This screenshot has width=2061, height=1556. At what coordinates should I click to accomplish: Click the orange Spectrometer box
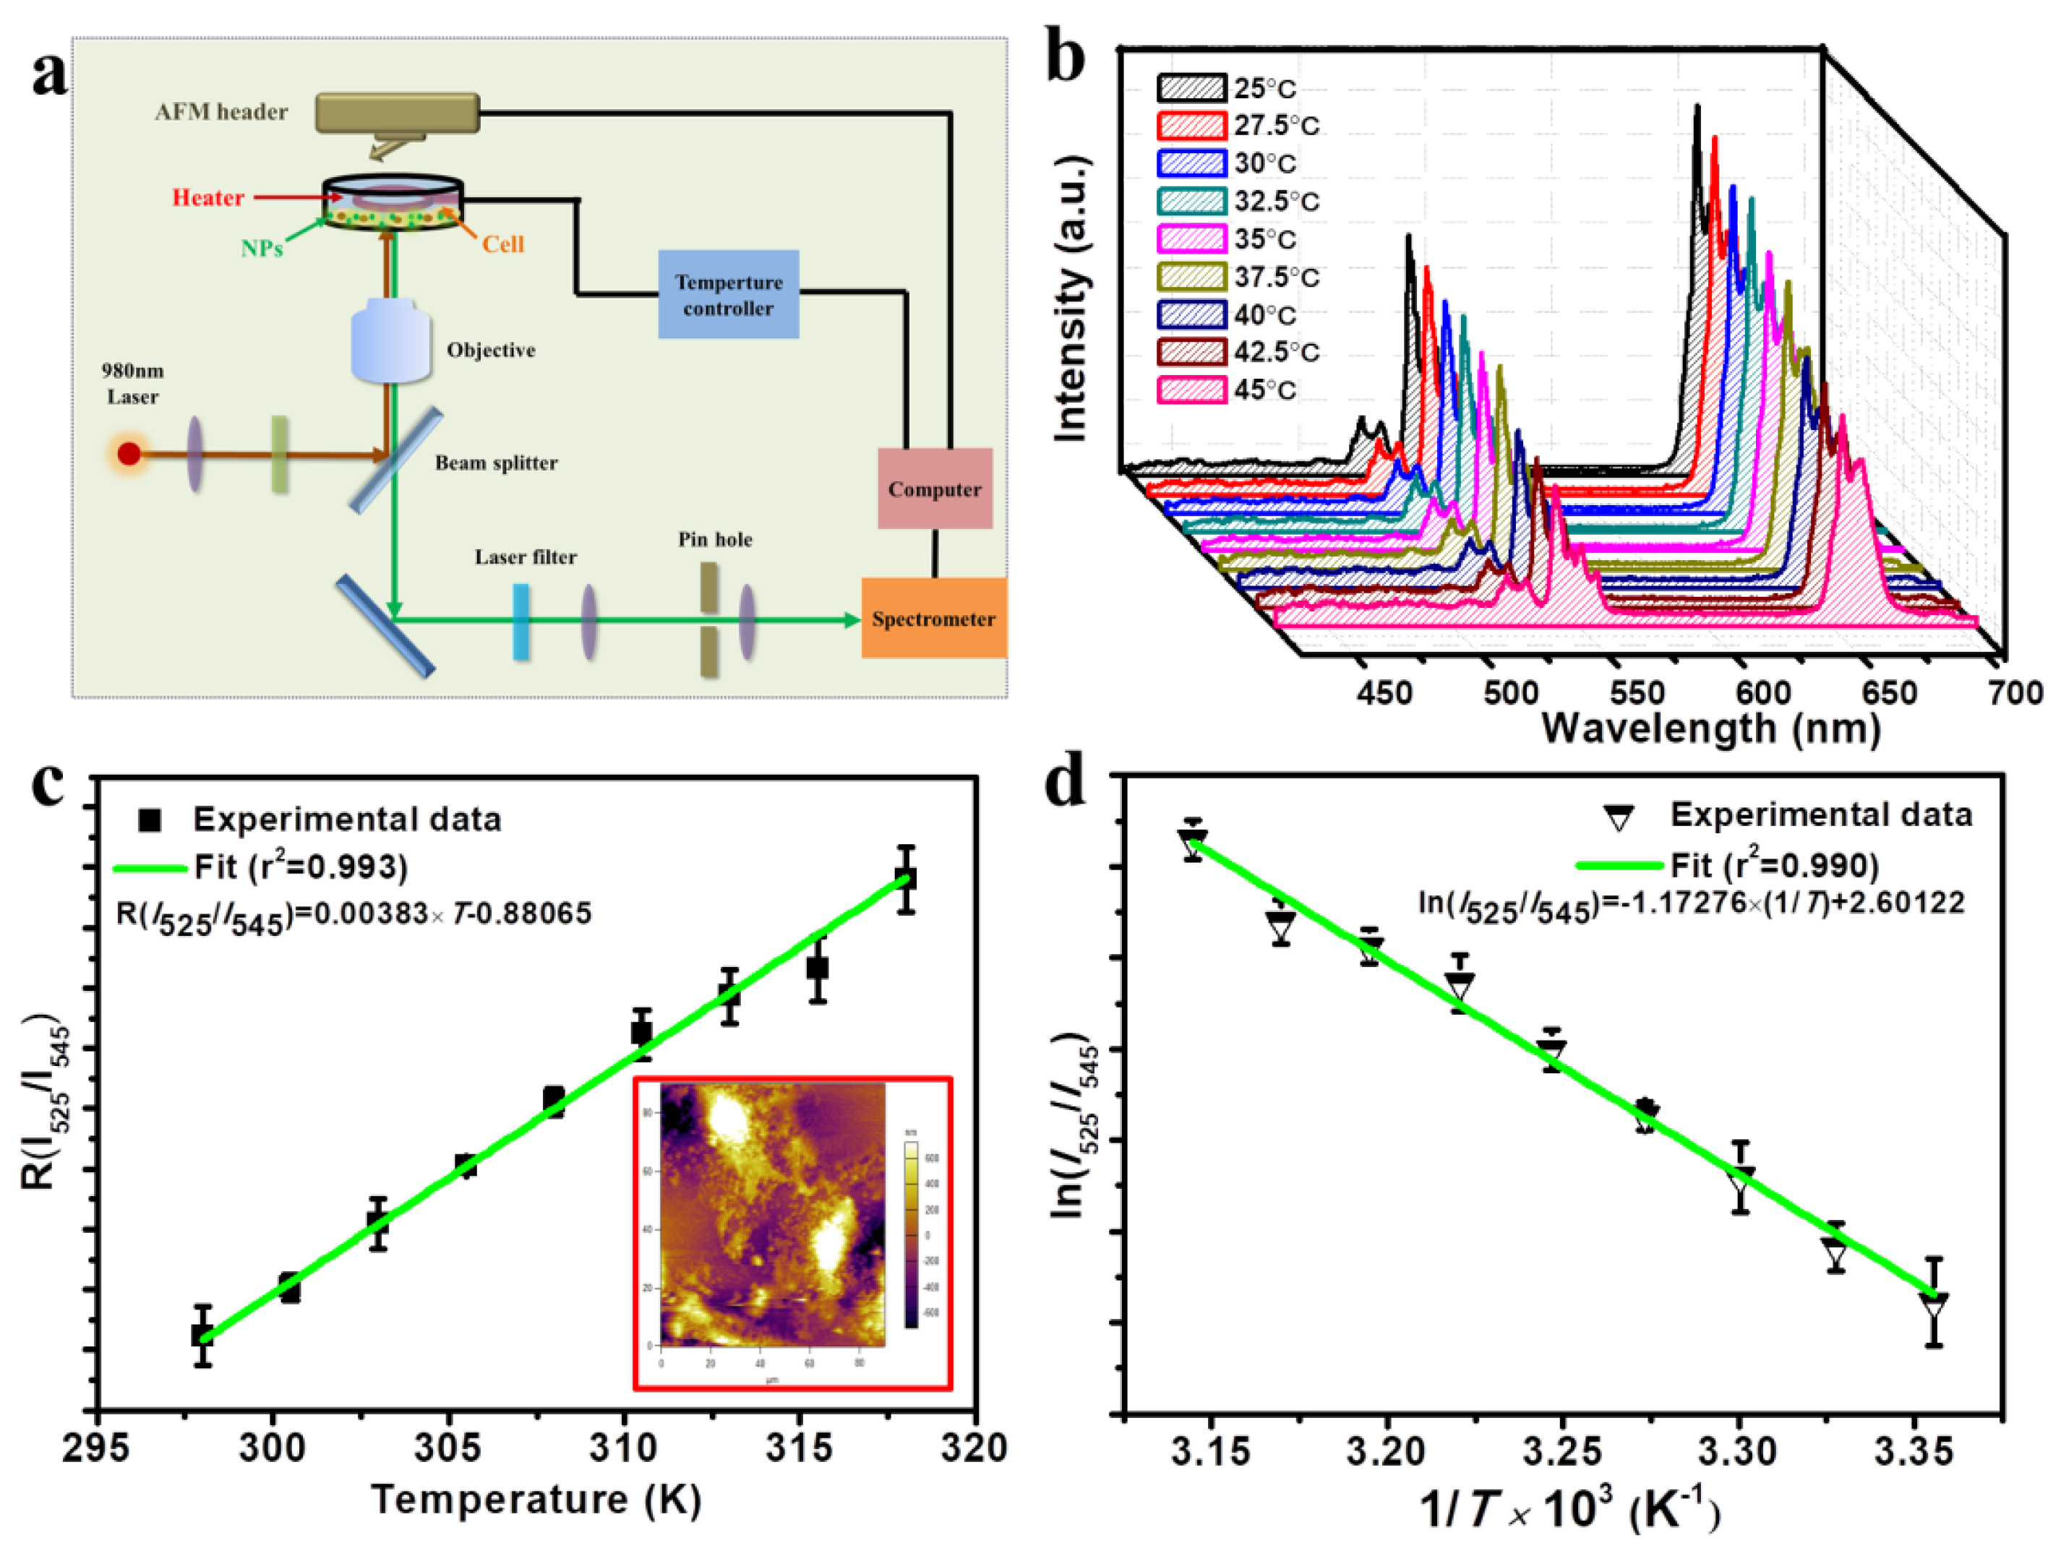tap(933, 618)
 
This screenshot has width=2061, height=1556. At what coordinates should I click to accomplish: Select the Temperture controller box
tap(729, 294)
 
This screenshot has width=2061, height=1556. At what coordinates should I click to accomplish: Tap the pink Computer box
tap(935, 489)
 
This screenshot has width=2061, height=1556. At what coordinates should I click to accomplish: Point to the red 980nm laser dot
tap(129, 454)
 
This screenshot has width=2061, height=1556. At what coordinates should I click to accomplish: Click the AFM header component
tap(398, 113)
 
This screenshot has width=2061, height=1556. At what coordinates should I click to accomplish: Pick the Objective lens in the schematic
tap(390, 341)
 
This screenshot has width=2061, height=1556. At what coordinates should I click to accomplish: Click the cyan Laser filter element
tap(520, 622)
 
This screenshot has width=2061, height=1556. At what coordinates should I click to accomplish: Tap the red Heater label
tap(207, 197)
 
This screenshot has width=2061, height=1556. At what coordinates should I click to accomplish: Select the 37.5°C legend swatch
tap(1191, 277)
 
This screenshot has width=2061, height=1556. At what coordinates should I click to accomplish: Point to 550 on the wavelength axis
tap(1637, 693)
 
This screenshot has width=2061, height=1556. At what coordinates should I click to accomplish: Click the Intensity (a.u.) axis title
tap(1071, 298)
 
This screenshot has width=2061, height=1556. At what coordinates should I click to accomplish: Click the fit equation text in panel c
tap(354, 914)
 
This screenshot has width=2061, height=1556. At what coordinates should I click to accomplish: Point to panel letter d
tap(1065, 786)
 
